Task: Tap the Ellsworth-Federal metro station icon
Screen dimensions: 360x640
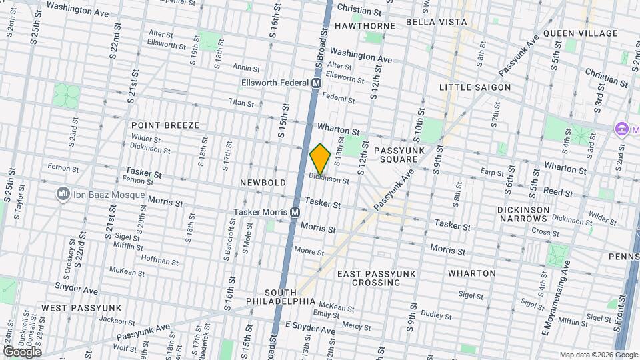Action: pos(317,83)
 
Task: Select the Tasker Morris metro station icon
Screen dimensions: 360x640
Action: pos(294,212)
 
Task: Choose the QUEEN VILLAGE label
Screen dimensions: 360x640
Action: pos(580,33)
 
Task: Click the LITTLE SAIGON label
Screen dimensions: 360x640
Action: pos(475,87)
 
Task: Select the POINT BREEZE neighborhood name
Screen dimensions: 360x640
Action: pos(165,125)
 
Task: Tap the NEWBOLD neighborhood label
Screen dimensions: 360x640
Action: pos(263,183)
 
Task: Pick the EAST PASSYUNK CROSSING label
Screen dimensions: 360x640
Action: pos(369,278)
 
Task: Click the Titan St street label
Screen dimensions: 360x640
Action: pos(241,103)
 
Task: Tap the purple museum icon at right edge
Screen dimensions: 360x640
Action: pos(622,127)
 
